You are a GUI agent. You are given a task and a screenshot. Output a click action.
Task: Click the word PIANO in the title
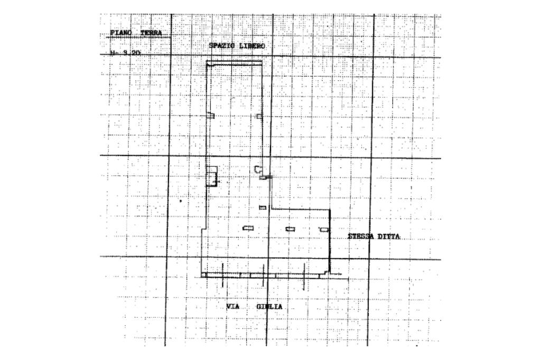click(121, 33)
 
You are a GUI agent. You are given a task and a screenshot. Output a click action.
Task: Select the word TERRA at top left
click(151, 33)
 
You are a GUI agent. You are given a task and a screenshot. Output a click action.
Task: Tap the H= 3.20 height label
click(126, 53)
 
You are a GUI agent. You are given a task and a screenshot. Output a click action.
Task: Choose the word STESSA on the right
click(360, 236)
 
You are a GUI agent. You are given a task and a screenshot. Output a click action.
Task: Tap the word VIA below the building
click(233, 307)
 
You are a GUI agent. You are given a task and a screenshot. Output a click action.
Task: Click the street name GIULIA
click(269, 307)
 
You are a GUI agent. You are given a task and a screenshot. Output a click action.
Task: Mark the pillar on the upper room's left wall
click(210, 116)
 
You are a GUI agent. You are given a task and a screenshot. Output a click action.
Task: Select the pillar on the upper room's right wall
click(259, 116)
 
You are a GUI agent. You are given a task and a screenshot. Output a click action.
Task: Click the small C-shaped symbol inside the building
click(258, 169)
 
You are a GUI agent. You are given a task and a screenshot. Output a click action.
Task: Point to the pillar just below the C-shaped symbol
click(263, 178)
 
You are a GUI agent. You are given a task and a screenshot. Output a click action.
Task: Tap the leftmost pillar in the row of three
click(248, 228)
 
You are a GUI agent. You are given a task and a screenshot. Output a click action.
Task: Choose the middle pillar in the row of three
click(290, 229)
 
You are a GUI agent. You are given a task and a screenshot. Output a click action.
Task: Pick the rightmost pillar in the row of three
click(324, 229)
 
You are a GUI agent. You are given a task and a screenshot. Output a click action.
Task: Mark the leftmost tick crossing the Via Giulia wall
click(222, 280)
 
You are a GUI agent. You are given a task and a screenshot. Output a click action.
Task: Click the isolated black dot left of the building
click(181, 201)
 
